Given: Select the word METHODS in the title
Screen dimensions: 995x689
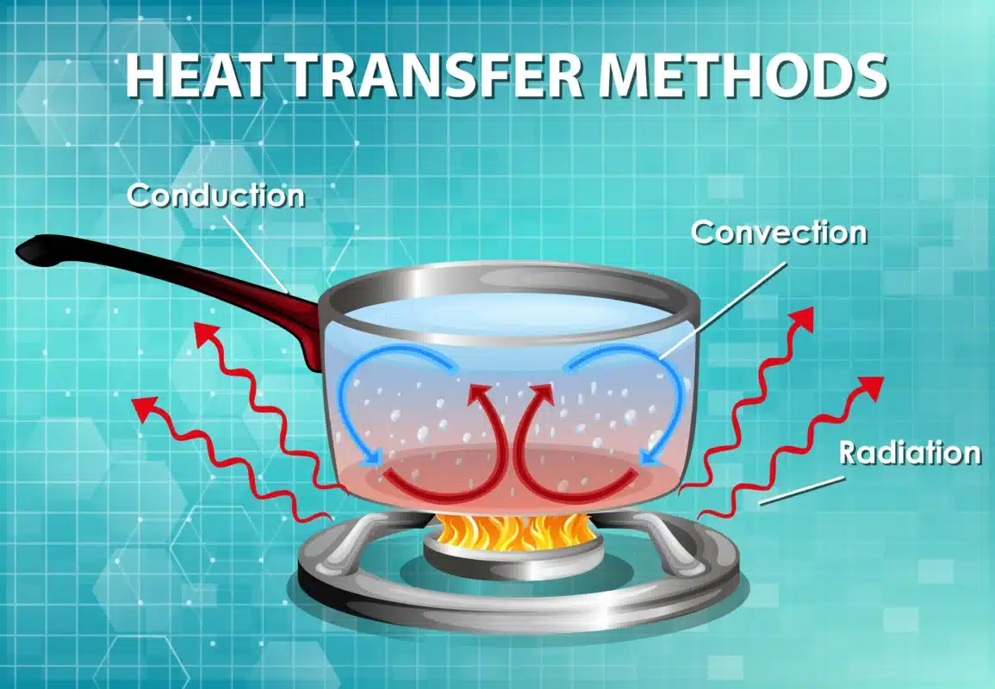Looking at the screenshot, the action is (743, 75).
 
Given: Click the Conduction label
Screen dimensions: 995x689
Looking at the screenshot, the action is (216, 196).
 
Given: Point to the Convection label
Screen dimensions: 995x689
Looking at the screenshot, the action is (780, 233).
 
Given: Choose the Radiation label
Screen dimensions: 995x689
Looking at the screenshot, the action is (910, 452).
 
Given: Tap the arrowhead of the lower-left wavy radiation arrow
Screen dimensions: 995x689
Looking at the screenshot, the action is (145, 407).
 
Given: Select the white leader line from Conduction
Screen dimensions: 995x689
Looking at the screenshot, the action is (258, 254).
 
